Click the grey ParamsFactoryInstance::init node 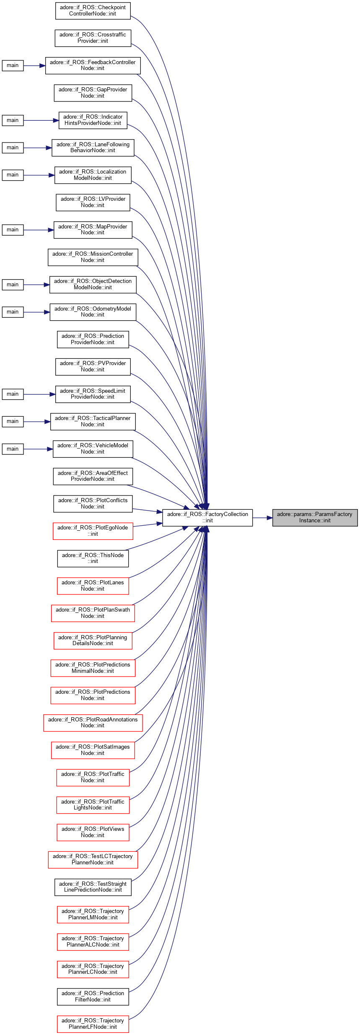point(315,517)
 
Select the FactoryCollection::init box point(207,517)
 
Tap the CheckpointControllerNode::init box point(93,10)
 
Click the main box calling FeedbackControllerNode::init point(13,65)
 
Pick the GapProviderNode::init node point(93,93)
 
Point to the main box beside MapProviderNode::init point(13,230)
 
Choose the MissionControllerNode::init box point(93,257)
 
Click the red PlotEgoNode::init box point(93,531)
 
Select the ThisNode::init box point(93,558)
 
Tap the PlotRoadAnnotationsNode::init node point(93,722)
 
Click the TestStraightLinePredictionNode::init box point(93,887)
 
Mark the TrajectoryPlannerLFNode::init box point(93,1024)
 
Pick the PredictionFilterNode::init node point(93,996)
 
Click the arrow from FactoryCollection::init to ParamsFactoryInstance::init point(262,518)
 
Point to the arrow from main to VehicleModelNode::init point(38,449)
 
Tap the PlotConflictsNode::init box point(93,503)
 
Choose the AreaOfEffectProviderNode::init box point(93,476)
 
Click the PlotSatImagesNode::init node point(93,750)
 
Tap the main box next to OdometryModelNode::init point(13,312)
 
